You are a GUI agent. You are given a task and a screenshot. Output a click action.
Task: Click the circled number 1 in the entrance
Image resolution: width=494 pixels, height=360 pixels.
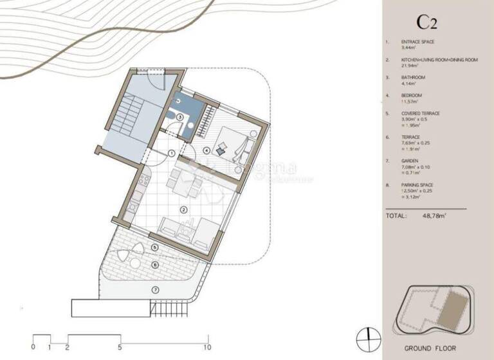(x=172, y=152)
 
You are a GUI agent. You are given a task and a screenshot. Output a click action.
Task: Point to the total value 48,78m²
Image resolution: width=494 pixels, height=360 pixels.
(x=435, y=216)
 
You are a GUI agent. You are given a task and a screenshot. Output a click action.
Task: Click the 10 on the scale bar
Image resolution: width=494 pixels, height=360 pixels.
(x=207, y=347)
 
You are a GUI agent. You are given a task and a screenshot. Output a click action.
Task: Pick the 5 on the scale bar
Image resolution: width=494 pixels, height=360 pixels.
(x=120, y=347)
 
